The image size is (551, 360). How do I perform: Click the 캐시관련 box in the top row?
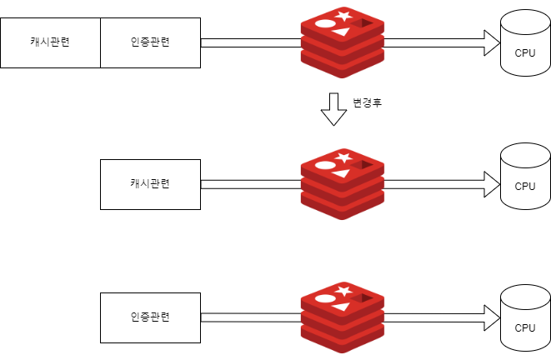point(50,42)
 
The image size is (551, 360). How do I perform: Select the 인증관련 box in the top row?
point(150,42)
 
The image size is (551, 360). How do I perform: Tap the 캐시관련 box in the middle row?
point(150,184)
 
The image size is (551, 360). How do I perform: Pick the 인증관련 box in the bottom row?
point(150,317)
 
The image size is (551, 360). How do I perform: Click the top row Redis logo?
point(343,42)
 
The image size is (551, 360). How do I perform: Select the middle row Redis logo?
point(343,184)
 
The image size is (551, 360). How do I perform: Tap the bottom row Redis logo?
point(343,317)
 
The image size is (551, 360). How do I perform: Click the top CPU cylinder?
point(525,42)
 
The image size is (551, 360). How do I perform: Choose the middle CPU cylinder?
point(525,177)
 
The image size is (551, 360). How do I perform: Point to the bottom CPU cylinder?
point(525,317)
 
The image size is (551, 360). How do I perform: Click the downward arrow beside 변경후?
point(333,109)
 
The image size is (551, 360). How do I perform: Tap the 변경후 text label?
point(368,102)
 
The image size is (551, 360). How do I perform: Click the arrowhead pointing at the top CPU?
point(492,42)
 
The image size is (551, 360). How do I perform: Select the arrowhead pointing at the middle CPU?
point(492,184)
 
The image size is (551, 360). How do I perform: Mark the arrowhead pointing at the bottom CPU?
point(492,317)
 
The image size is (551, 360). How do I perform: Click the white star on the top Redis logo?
point(343,16)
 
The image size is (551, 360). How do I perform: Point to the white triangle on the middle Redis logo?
point(341,173)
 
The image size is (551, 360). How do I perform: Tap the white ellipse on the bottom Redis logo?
point(325,299)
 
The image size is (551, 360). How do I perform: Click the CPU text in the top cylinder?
point(525,53)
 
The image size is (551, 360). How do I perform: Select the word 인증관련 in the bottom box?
point(150,317)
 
